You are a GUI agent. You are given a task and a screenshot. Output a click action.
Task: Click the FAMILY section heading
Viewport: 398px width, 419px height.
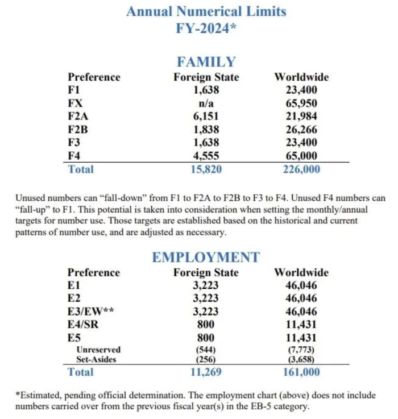pos(206,61)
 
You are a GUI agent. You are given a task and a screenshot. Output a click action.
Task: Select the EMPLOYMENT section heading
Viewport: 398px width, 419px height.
pos(206,257)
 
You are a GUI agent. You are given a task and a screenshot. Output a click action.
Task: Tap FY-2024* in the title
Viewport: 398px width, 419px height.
pos(206,28)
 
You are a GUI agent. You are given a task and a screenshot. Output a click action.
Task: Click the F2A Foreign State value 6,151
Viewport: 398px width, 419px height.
pos(206,117)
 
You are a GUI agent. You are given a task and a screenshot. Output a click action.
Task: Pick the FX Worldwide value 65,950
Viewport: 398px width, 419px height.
pos(301,103)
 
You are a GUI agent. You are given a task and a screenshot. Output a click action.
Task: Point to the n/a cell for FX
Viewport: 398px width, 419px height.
pos(206,103)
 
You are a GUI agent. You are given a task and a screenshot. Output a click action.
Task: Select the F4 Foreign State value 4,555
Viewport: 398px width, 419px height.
pos(206,156)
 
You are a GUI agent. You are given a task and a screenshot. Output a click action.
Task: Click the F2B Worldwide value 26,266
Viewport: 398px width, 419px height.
pos(301,130)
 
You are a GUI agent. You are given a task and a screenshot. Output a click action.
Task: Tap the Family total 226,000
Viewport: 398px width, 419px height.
pos(301,169)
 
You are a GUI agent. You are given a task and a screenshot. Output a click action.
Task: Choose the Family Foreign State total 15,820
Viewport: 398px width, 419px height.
pos(206,169)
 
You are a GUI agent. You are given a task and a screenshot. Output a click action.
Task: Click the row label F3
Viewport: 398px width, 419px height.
pos(74,143)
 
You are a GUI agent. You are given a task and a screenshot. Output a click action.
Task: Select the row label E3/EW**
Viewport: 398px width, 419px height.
pos(93,312)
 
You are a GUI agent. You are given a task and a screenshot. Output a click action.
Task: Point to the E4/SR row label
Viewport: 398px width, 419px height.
pos(85,325)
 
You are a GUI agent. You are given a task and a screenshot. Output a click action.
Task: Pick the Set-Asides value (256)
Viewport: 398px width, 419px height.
pos(206,359)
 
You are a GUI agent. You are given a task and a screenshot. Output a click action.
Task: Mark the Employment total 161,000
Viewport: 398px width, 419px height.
pos(301,372)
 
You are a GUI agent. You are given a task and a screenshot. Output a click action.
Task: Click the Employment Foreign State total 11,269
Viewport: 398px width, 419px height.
pos(206,372)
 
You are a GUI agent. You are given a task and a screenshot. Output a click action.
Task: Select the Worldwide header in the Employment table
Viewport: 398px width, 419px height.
pos(301,272)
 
